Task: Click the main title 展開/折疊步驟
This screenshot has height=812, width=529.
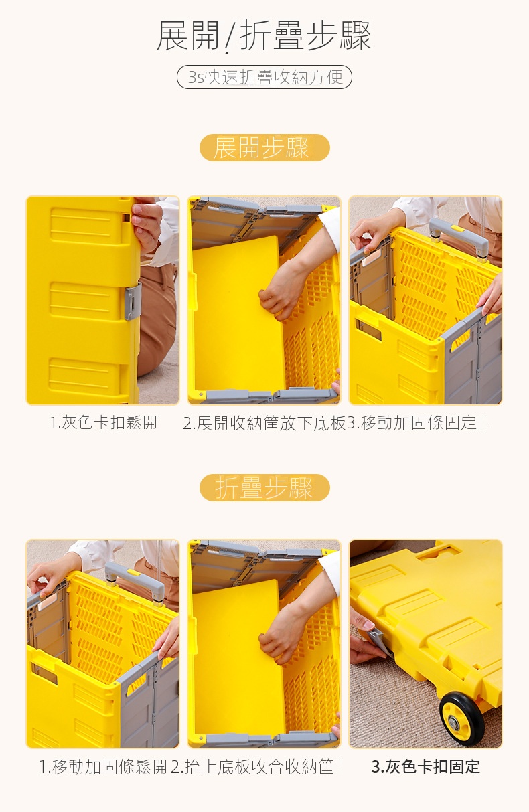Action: click(264, 35)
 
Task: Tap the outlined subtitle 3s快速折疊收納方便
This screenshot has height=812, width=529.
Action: click(264, 77)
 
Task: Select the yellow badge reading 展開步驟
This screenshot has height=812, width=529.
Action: click(264, 147)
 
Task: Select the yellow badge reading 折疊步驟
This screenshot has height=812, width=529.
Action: click(264, 487)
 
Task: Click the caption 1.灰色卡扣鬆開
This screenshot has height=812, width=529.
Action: click(103, 422)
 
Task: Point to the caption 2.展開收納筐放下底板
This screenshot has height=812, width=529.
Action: click(264, 423)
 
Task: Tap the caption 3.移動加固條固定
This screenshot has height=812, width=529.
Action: click(412, 422)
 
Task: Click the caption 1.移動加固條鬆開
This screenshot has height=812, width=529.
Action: click(103, 766)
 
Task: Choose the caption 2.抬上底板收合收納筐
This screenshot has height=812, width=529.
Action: click(252, 766)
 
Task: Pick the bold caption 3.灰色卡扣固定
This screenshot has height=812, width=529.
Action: click(426, 766)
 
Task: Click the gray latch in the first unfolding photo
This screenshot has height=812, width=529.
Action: click(133, 302)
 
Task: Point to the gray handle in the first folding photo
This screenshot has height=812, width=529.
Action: click(137, 582)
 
